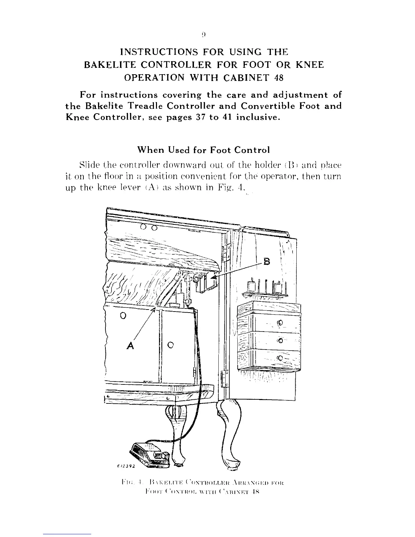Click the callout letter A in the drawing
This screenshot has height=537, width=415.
(131, 345)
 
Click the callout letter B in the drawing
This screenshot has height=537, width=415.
(268, 262)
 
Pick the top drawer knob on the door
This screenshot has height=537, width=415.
(280, 322)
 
